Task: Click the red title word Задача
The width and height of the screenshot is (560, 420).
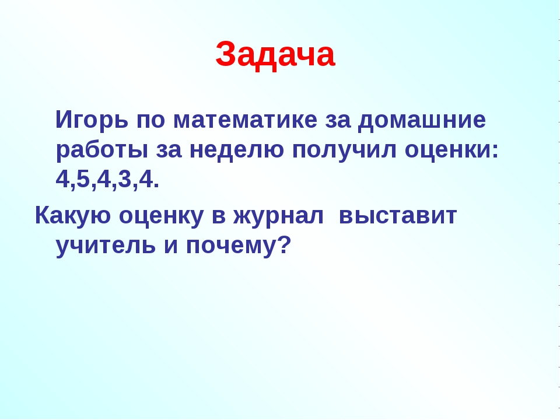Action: (275, 55)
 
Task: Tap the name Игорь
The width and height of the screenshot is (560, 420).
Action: (92, 121)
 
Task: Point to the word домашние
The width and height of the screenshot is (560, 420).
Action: (422, 121)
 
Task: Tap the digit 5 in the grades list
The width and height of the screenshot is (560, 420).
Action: (83, 178)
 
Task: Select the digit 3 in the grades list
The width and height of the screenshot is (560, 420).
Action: (125, 178)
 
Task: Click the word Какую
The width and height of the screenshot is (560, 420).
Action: (73, 216)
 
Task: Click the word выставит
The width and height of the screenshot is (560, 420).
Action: (398, 216)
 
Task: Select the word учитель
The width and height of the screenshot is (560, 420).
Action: (106, 246)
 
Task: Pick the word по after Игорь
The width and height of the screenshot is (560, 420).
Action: (151, 121)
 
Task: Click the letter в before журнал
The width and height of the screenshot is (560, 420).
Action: (219, 216)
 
